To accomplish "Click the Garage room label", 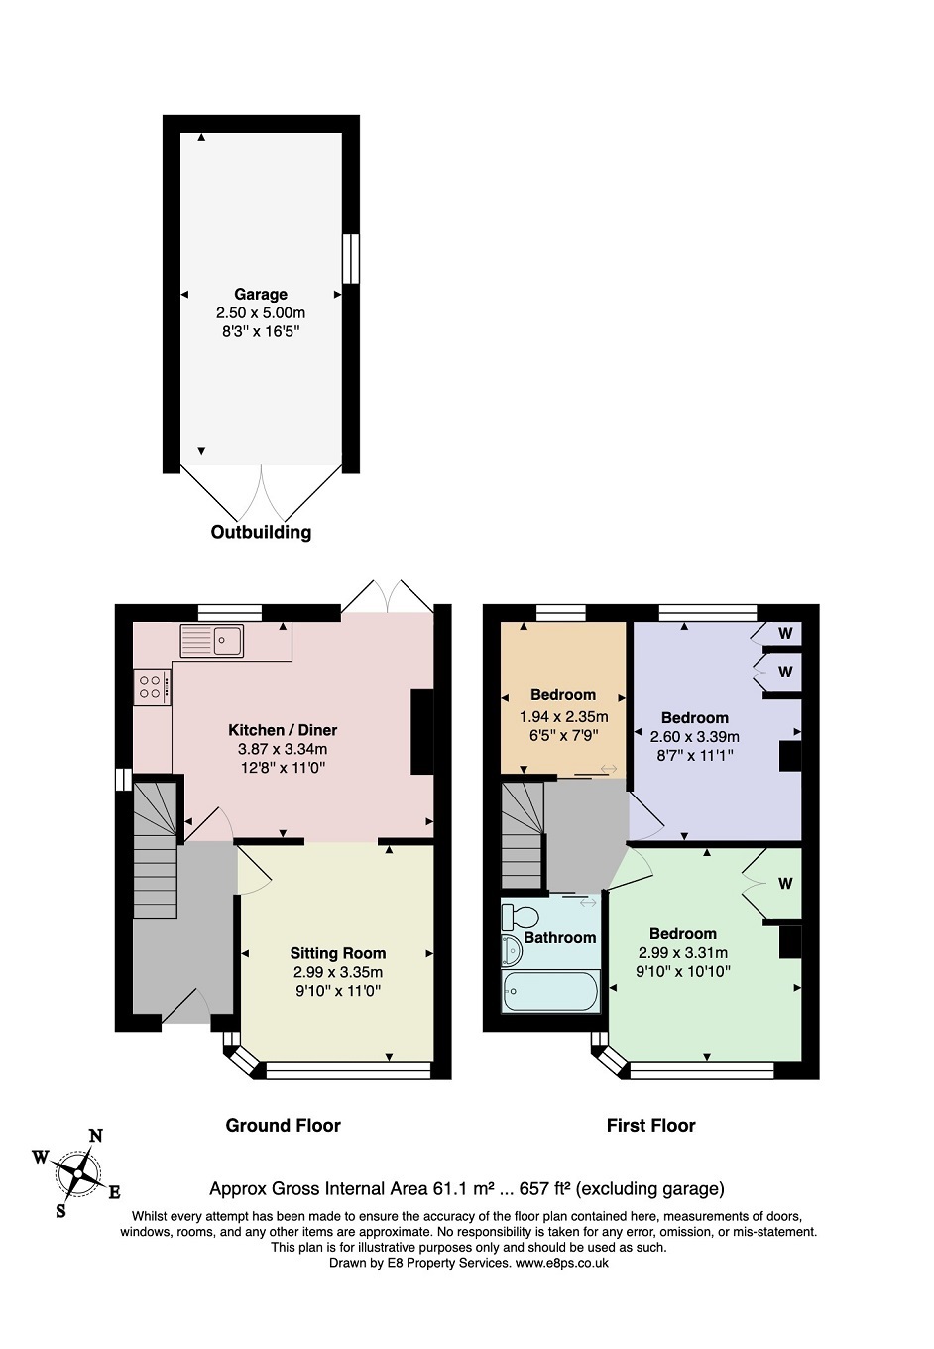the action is tap(261, 295).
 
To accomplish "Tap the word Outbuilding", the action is tap(261, 532).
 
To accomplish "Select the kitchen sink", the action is tap(211, 640).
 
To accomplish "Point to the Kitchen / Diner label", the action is tap(283, 730).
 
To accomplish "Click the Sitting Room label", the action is tap(338, 953).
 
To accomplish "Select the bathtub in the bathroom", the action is tap(549, 991).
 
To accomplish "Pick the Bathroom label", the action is tap(559, 937).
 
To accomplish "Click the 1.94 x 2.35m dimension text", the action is tap(563, 716).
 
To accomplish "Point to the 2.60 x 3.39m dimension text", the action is tap(694, 737).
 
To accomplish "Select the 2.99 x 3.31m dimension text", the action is tap(683, 952).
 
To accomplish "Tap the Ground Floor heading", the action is tap(283, 1126).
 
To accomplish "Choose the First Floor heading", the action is tap(651, 1126).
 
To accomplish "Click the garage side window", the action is tap(351, 258).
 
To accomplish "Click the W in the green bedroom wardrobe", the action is tap(784, 884).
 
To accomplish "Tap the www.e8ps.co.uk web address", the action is tap(561, 1263).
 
